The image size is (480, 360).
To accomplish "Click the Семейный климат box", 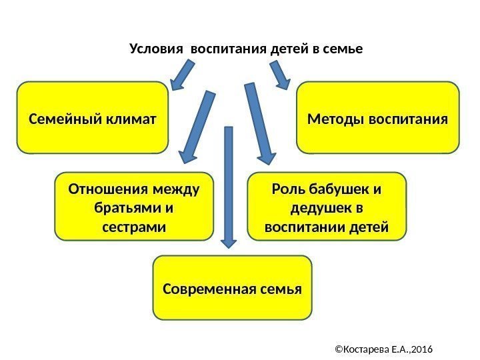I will (92, 118).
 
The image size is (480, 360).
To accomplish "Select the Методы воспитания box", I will (378, 118).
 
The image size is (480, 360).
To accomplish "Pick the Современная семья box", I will (232, 287).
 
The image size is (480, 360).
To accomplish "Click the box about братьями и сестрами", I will (133, 206).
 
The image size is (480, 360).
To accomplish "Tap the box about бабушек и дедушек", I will (327, 206).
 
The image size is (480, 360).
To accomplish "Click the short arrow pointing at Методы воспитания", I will (279, 74).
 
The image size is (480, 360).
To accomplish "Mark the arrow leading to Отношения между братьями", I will (197, 127).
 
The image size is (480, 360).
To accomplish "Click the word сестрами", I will (133, 227).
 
